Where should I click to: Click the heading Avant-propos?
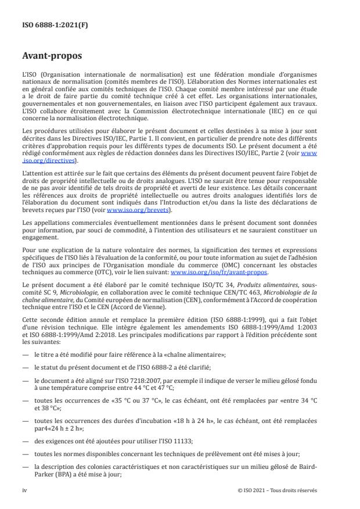[52, 56]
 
